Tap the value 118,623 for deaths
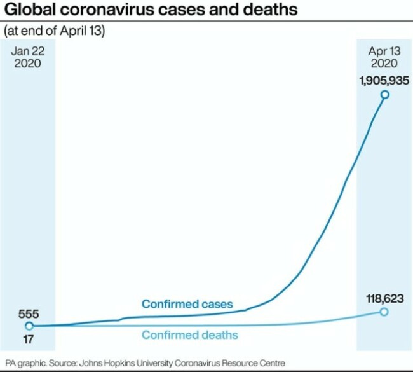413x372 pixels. pyautogui.click(x=384, y=297)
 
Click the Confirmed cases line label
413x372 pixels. pyautogui.click(x=187, y=304)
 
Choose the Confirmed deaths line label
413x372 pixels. pyautogui.click(x=189, y=334)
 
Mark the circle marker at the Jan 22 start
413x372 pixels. pyautogui.click(x=29, y=326)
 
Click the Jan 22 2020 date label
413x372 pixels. pyautogui.click(x=28, y=57)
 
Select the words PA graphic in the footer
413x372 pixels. pyautogui.click(x=25, y=362)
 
